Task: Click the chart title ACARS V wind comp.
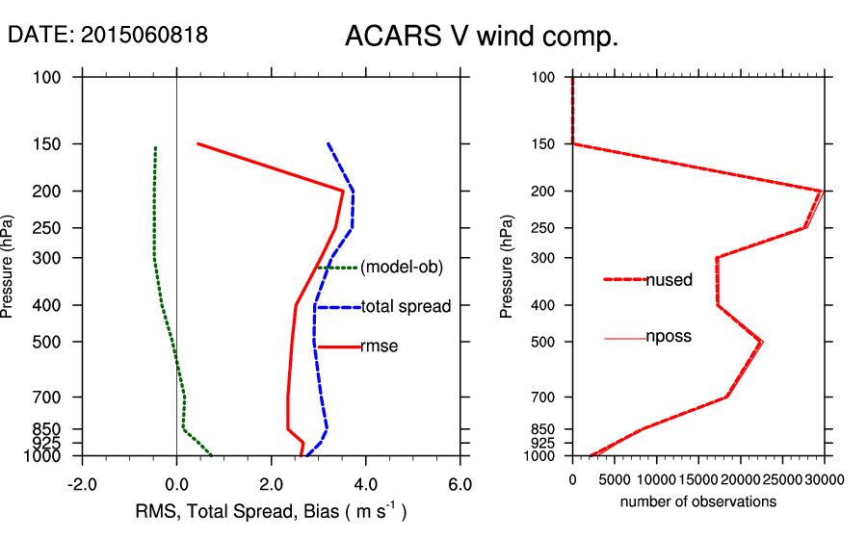click(481, 38)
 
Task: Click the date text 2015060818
click(108, 35)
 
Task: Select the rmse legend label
click(380, 346)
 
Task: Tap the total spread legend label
click(406, 307)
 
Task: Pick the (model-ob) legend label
click(401, 268)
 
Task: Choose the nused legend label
click(670, 280)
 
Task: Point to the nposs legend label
click(669, 337)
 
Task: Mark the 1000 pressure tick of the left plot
click(47, 455)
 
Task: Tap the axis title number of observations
click(698, 502)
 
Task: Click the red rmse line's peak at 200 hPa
click(343, 191)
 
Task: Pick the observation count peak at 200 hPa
click(822, 191)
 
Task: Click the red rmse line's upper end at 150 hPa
click(197, 143)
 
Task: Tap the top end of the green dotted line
click(155, 148)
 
